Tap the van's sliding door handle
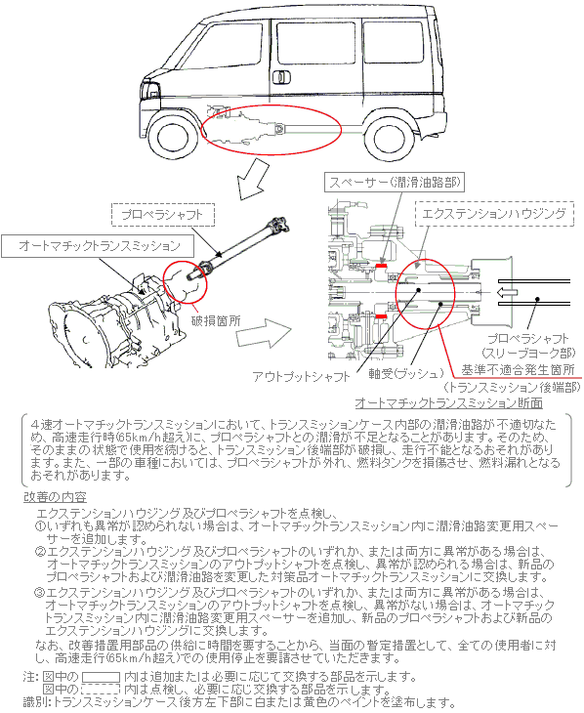[281, 77]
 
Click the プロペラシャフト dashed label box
[163, 215]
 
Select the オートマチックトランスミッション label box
[98, 246]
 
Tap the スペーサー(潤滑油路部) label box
[394, 183]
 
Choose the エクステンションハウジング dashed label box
[494, 214]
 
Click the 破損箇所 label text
[216, 320]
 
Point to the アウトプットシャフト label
[302, 377]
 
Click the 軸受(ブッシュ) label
[405, 374]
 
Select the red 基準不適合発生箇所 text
[518, 370]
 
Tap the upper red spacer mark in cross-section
[381, 265]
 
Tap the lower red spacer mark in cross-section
[381, 316]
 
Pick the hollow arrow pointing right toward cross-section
[264, 333]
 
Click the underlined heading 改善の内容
[55, 497]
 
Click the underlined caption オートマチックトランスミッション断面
[448, 402]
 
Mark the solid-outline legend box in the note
[101, 677]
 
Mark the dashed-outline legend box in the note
[100, 690]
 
